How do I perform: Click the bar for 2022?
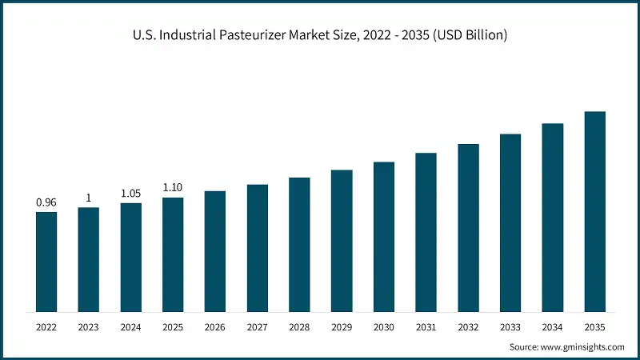click(46, 262)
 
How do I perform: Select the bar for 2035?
click(594, 211)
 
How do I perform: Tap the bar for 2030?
click(384, 237)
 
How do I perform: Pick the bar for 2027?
click(257, 248)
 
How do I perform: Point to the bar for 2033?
click(510, 222)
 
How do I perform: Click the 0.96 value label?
click(46, 202)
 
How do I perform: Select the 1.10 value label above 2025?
click(173, 188)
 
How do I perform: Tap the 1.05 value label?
click(130, 194)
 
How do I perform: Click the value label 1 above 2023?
click(88, 198)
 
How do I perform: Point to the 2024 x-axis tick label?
click(130, 327)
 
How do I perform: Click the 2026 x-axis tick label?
click(215, 327)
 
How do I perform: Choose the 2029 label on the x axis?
click(342, 327)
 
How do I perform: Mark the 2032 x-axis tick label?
click(468, 327)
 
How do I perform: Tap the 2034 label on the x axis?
click(553, 327)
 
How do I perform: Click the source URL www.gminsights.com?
click(582, 346)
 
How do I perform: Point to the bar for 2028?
click(299, 244)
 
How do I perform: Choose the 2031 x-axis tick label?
click(426, 327)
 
